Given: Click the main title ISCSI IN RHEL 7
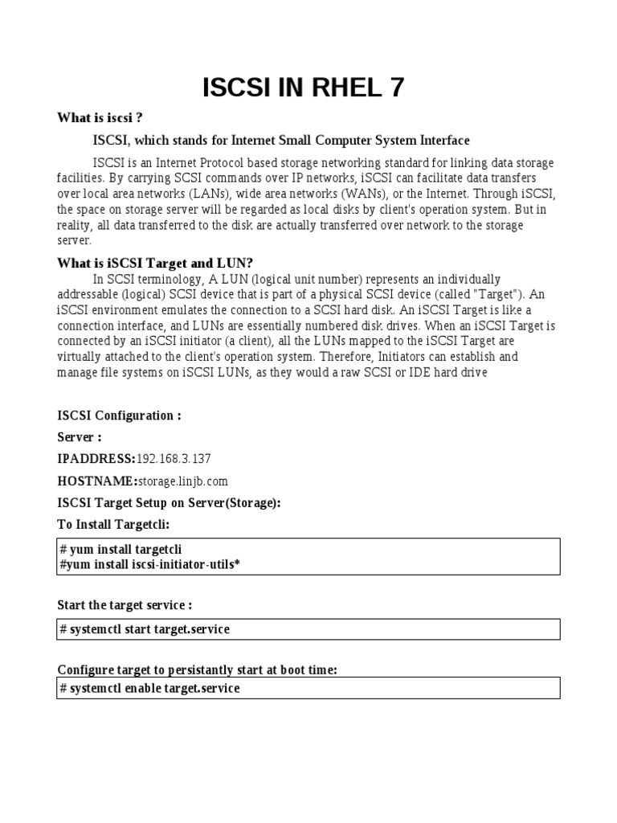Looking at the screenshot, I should pyautogui.click(x=303, y=87).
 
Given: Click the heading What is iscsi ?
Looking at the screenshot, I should pyautogui.click(x=99, y=118).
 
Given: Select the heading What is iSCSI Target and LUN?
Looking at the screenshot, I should pyautogui.click(x=155, y=263).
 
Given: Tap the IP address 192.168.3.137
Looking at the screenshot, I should pyautogui.click(x=174, y=459).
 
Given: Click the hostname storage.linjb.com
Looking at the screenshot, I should pyautogui.click(x=182, y=481).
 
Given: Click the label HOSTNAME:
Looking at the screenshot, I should pyautogui.click(x=96, y=481).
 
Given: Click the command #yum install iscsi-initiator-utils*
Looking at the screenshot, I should pyautogui.click(x=149, y=564).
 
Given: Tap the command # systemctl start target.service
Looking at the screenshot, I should pyautogui.click(x=145, y=629).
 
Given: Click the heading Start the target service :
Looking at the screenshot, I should pyautogui.click(x=125, y=604).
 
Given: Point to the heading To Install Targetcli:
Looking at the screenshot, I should pyautogui.click(x=113, y=524).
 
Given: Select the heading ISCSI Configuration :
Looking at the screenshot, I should pyautogui.click(x=119, y=416).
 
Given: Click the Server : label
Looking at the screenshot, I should pyautogui.click(x=79, y=437).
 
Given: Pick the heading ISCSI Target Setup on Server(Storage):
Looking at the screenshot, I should pyautogui.click(x=169, y=502).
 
